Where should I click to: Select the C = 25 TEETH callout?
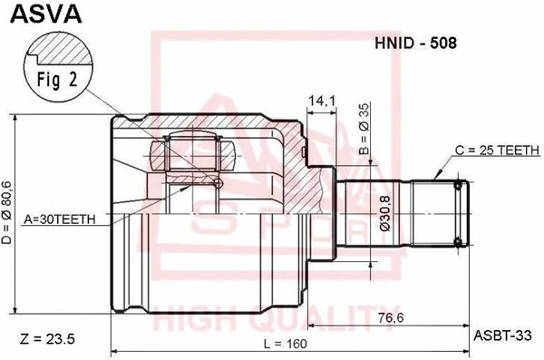point(496,151)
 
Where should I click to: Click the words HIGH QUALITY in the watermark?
point(272,322)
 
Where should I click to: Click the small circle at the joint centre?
point(217,184)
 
